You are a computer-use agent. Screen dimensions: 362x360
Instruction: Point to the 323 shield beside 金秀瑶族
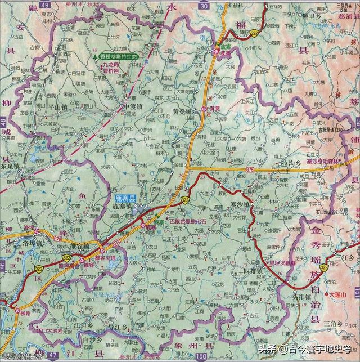point(325,269)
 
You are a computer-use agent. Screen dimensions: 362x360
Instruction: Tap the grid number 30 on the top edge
point(204,5)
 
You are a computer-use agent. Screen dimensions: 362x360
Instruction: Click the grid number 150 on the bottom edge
point(202,356)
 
